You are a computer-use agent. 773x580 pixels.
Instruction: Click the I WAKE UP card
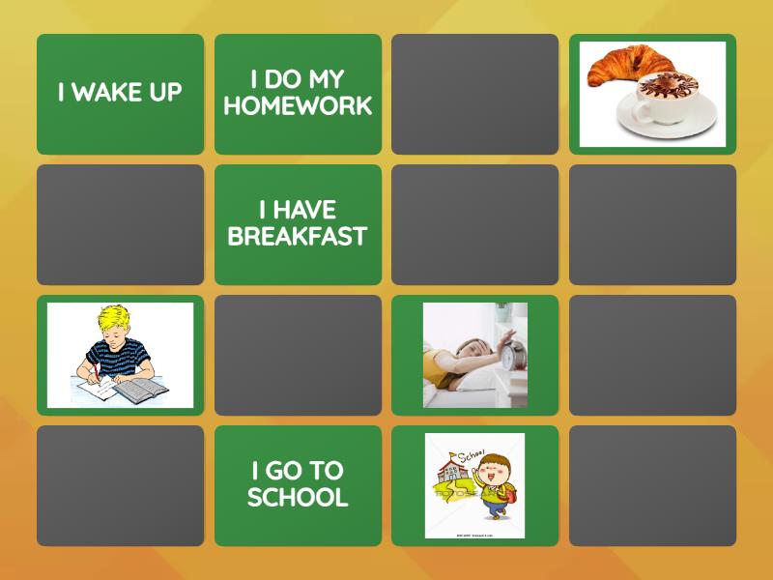(x=120, y=94)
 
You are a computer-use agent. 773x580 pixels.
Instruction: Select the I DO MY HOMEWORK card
(x=298, y=94)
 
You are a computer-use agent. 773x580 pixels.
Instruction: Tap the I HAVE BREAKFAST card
(x=298, y=224)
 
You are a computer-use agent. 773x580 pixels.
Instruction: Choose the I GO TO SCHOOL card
(x=298, y=485)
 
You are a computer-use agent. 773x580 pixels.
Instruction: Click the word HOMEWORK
(x=298, y=106)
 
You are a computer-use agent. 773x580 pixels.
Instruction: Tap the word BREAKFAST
(x=298, y=237)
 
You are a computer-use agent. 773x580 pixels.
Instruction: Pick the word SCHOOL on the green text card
(x=298, y=498)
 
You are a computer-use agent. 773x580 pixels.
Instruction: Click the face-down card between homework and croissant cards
(x=474, y=94)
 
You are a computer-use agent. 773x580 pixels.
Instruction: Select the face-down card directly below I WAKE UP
(x=120, y=224)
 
